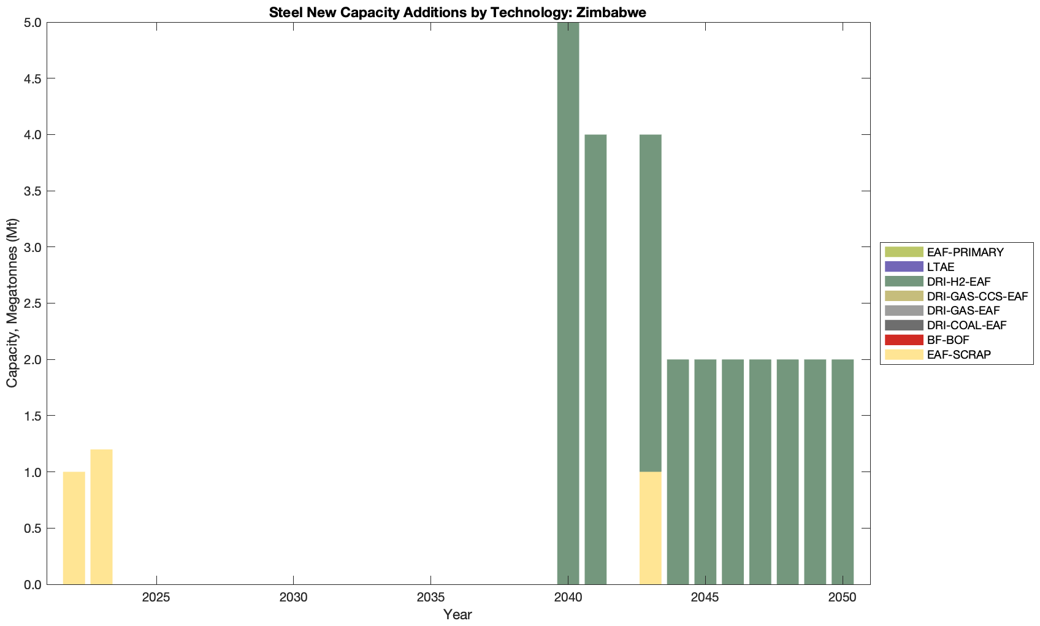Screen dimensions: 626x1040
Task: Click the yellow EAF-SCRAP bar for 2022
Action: point(74,528)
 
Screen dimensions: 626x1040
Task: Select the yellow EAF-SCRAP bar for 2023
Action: point(101,517)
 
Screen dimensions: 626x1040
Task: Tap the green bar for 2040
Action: point(568,303)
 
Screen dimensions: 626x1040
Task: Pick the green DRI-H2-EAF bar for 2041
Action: point(595,359)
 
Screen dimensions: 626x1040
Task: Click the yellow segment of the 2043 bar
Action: point(650,528)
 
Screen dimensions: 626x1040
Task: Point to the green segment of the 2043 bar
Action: point(650,303)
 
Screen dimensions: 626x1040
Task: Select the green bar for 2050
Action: point(843,471)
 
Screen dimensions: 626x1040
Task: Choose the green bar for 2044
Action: point(678,471)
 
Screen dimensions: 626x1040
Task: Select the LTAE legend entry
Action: point(941,267)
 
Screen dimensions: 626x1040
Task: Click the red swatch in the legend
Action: point(904,340)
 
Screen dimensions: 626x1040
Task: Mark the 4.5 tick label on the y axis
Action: point(29,78)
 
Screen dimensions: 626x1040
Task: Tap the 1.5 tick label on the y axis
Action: point(29,416)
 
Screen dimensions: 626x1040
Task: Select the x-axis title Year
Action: point(457,614)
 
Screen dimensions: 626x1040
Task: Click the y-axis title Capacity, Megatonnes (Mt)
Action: point(12,303)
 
